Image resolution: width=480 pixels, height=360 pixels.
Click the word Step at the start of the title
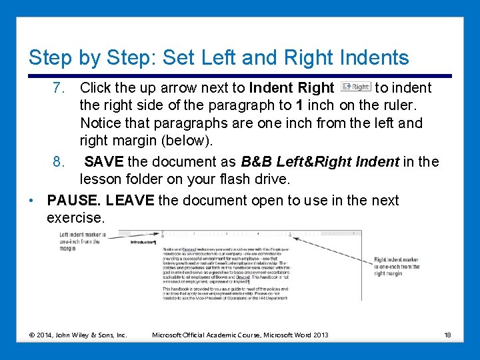[x=47, y=58]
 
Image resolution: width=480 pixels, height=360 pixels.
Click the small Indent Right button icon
[x=355, y=87]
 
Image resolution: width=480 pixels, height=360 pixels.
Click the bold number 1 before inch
[x=301, y=105]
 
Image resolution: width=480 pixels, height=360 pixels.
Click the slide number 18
[x=447, y=334]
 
